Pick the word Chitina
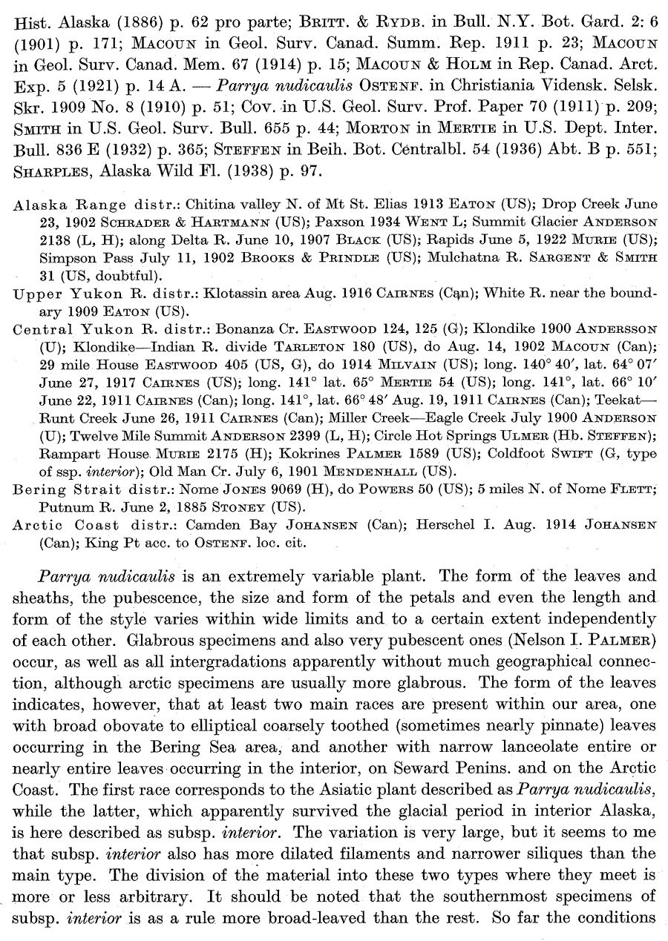pos(210,204)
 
